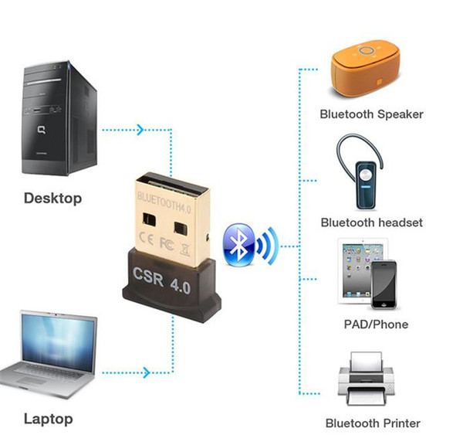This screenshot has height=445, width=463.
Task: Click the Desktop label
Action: tap(52, 199)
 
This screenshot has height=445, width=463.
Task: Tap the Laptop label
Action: tap(48, 420)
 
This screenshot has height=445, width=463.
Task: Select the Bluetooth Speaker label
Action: tap(372, 114)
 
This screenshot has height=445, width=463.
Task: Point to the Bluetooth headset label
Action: tap(372, 222)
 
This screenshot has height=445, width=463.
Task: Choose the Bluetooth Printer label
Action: tap(373, 423)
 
